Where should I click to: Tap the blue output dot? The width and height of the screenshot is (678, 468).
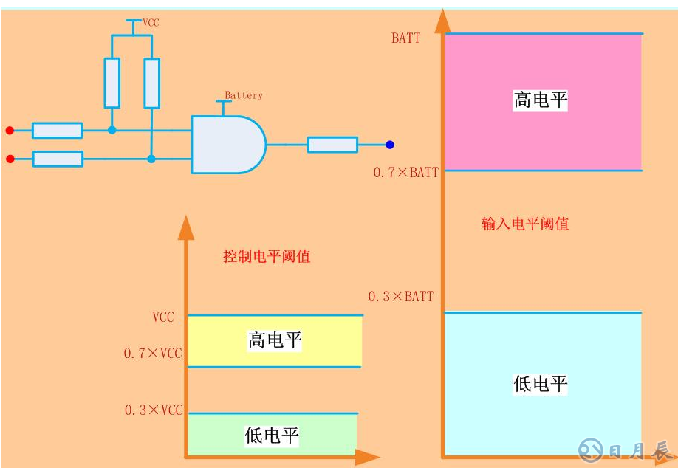tap(389, 145)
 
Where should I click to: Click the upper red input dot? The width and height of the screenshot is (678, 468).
tap(10, 131)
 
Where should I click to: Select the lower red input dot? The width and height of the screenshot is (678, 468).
tap(10, 159)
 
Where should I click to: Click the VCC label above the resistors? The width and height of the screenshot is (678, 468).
tap(151, 23)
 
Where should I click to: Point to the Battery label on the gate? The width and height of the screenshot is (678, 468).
tap(244, 95)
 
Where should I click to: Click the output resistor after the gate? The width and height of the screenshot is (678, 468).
tap(332, 145)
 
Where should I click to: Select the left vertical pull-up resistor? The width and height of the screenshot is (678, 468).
tap(112, 83)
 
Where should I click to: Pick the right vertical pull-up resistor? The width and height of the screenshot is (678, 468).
tap(151, 83)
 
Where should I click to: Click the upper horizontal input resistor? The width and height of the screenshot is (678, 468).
tap(58, 131)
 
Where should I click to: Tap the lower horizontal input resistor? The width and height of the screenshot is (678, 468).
tap(58, 159)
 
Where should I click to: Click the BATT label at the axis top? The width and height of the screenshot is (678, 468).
tap(405, 38)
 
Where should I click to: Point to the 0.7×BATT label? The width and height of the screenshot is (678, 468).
tap(405, 173)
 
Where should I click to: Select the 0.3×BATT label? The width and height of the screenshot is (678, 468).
tap(401, 296)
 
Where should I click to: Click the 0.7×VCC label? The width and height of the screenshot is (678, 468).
tap(152, 354)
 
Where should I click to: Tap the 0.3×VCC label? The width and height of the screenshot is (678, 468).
tap(152, 410)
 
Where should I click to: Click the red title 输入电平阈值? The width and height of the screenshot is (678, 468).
tap(525, 224)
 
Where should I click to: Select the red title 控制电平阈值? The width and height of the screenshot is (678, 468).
tap(267, 256)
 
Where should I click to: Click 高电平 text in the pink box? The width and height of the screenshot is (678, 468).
tap(541, 100)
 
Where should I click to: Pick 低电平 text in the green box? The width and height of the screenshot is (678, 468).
tap(272, 436)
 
